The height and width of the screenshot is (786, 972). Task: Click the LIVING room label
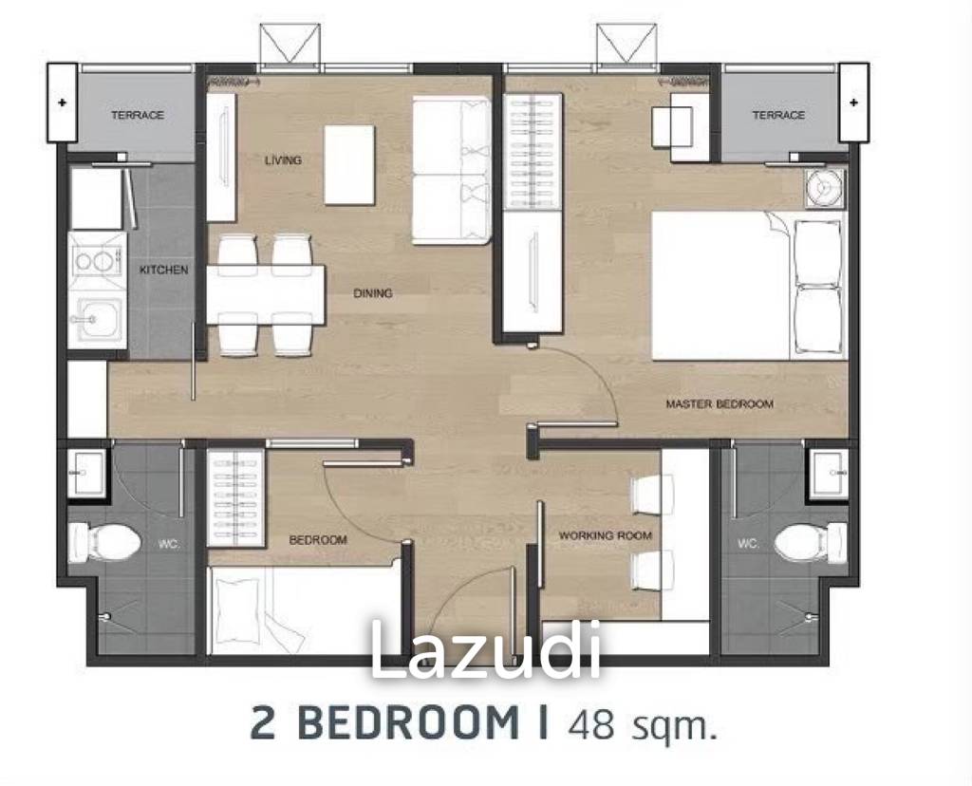[x=282, y=160]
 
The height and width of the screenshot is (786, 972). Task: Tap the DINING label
[x=372, y=293]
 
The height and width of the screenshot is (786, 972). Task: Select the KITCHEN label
[x=163, y=271]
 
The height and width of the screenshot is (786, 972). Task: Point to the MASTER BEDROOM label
[x=719, y=404]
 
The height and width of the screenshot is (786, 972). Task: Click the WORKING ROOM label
[x=605, y=536]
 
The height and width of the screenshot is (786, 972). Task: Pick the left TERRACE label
[x=137, y=115]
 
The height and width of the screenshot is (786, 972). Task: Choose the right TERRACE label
[x=777, y=115]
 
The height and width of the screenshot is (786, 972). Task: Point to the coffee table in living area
[x=349, y=165]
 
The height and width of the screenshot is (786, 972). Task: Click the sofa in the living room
[x=451, y=171]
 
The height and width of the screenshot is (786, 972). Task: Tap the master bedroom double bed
[x=745, y=286]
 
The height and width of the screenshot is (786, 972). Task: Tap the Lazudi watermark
[x=485, y=651]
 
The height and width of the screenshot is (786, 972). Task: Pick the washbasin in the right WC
[x=828, y=472]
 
